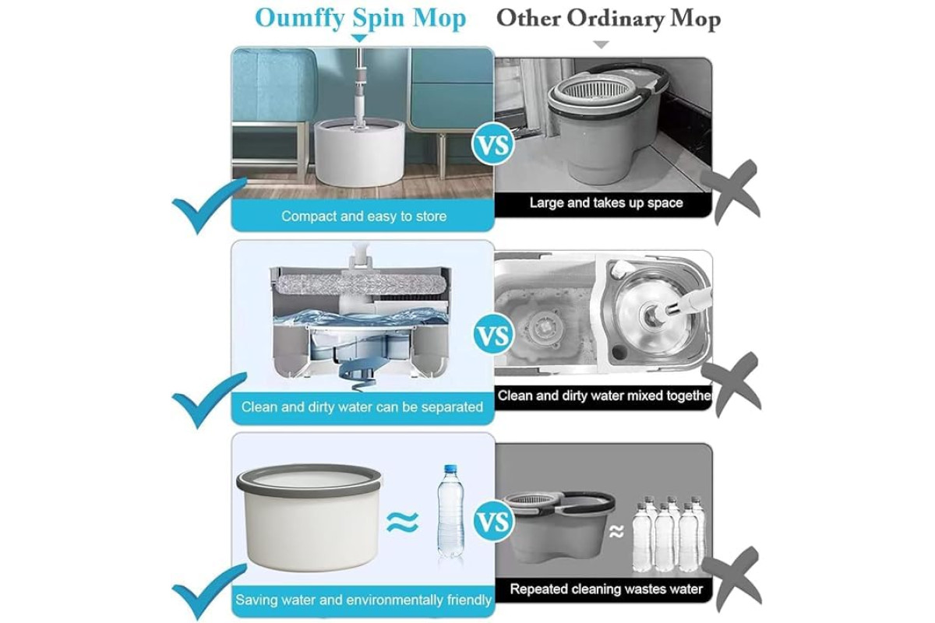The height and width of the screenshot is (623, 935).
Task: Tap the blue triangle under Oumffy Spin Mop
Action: click(359, 38)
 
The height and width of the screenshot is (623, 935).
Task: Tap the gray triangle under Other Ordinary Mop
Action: click(601, 44)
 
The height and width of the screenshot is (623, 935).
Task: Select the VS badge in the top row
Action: click(493, 144)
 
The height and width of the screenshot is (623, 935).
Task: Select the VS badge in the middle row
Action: click(494, 334)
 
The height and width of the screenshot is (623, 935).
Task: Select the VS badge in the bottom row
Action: click(494, 521)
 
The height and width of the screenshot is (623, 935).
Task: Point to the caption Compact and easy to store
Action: click(364, 216)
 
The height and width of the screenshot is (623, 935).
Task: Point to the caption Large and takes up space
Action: click(606, 202)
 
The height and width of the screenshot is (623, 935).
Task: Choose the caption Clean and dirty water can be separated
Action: click(362, 407)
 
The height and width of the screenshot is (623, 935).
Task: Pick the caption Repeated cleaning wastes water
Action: click(606, 590)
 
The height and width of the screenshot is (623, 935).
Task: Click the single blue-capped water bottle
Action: click(450, 512)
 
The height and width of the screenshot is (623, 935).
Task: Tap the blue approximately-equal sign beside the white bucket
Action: click(402, 522)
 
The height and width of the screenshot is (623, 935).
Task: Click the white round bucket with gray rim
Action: click(309, 517)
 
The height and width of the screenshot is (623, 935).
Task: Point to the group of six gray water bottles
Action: click(669, 533)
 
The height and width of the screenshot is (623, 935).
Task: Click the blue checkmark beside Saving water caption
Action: click(210, 591)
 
